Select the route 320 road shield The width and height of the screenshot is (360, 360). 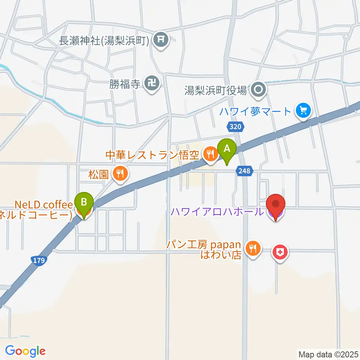235,127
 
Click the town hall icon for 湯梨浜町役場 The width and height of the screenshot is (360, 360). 258,90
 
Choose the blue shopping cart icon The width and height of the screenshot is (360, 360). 303,111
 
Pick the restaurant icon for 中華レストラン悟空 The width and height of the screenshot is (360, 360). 210,154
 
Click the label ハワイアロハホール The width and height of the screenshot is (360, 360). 217,212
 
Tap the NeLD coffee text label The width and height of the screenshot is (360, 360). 43,205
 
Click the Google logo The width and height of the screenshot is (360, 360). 25,351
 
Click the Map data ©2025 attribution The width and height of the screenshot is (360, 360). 328,354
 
